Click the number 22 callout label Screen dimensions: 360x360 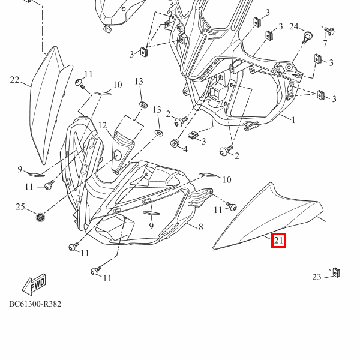tap(15, 80)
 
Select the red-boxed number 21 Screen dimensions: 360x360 tap(278, 241)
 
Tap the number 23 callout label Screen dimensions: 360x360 tap(317, 277)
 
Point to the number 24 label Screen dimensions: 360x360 tap(294, 26)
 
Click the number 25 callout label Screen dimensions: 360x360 tap(20, 207)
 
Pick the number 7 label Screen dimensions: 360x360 tap(325, 44)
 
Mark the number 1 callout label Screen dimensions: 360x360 tap(293, 120)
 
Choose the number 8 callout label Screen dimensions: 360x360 tap(200, 226)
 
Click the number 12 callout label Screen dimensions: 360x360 tap(103, 125)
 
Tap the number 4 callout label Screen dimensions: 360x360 tap(185, 149)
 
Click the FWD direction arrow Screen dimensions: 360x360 tap(33, 284)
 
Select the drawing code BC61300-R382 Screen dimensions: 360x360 tap(35, 304)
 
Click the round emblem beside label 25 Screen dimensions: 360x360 tap(40, 216)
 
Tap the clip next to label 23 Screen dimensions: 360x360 tap(337, 273)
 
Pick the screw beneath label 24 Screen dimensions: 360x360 tap(308, 37)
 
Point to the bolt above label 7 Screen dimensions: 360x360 tap(329, 29)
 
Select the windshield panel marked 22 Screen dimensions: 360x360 tap(48, 105)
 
